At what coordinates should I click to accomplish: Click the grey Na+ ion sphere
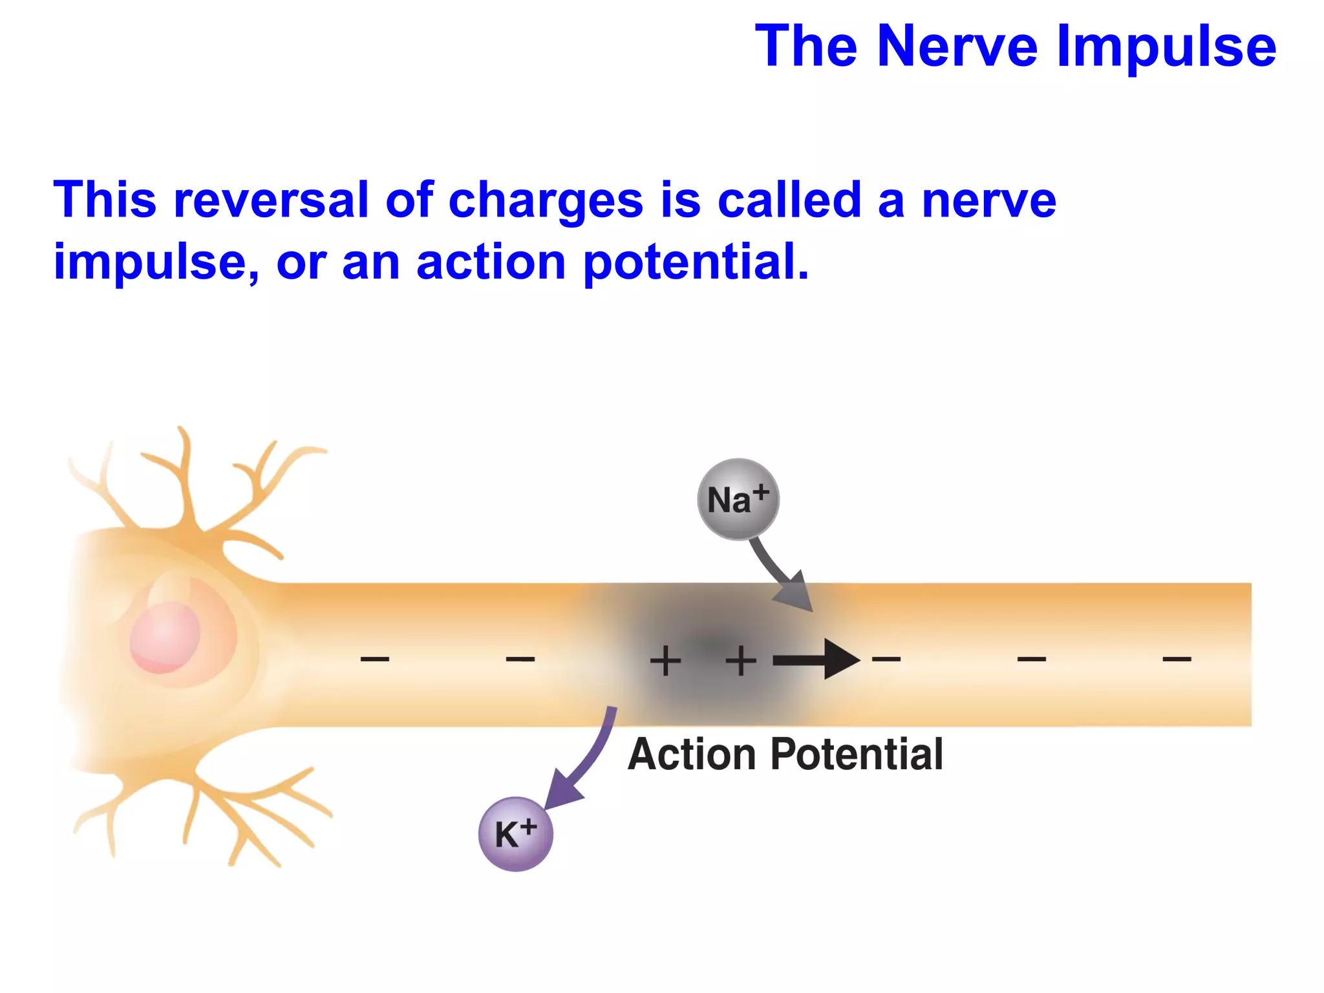738,499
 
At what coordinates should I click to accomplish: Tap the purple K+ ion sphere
515,833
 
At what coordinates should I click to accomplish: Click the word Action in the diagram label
692,754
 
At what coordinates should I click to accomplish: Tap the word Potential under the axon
857,754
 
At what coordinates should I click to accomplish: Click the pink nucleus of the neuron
165,637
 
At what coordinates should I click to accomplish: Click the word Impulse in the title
1166,47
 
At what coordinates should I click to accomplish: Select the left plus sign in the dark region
665,661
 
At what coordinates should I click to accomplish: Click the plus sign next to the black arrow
741,661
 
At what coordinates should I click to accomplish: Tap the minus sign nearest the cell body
375,659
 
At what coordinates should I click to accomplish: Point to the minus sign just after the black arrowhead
886,659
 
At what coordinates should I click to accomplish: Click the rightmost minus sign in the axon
1177,659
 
